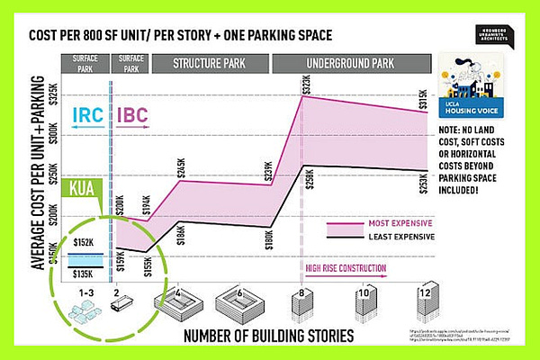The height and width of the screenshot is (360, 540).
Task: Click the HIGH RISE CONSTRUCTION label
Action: point(346,267)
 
